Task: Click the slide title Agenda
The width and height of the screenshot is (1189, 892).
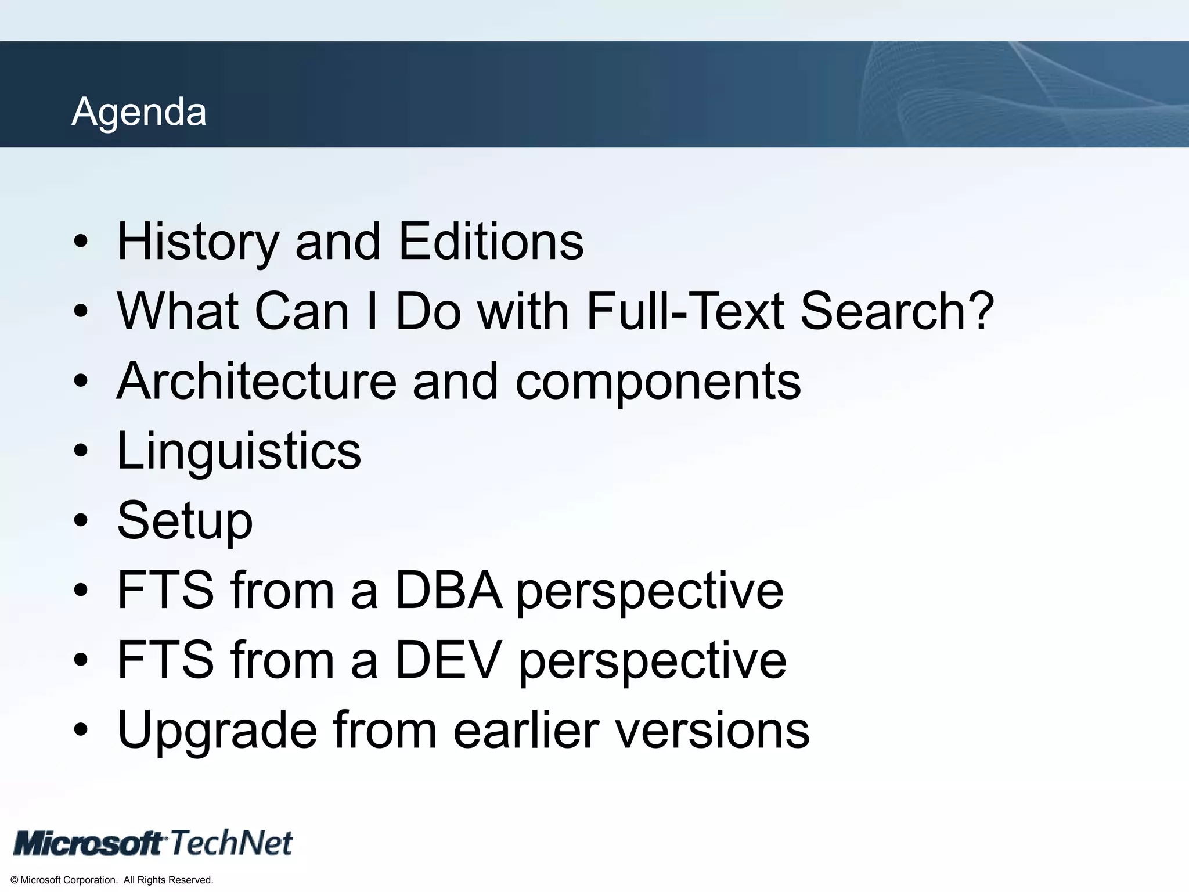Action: point(139,111)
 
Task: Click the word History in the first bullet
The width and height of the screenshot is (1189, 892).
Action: point(198,242)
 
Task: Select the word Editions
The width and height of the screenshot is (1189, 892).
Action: point(491,242)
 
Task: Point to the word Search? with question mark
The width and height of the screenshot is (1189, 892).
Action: point(897,311)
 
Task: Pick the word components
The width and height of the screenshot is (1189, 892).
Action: point(658,382)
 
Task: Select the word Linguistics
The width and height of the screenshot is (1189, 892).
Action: point(239,451)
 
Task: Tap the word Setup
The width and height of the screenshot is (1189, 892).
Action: point(185,521)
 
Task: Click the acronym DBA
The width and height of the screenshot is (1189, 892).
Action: point(448,590)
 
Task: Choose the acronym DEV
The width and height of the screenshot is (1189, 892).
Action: point(448,660)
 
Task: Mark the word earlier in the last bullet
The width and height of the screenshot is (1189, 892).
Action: point(526,730)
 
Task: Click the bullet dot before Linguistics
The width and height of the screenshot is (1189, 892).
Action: point(81,451)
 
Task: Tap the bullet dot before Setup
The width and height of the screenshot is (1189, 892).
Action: point(81,521)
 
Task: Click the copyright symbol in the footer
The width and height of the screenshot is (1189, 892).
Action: point(15,880)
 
